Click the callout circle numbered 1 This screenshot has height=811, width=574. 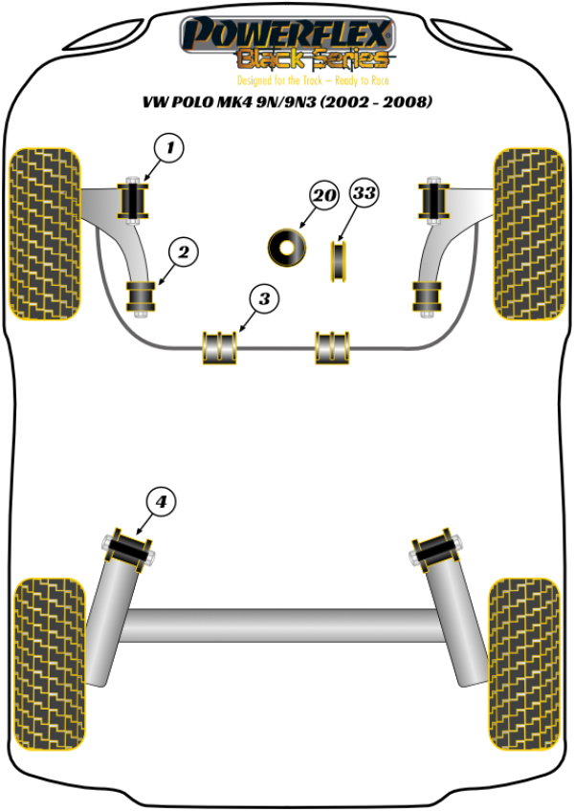[169, 148]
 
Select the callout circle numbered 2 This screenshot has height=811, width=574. [184, 252]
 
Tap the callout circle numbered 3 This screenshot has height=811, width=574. [264, 298]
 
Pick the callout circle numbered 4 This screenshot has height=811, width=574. [161, 501]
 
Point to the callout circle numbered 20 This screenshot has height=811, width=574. [324, 195]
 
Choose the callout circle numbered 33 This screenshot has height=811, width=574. [364, 193]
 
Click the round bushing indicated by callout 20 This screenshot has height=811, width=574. [287, 248]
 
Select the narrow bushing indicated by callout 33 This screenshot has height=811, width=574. [339, 261]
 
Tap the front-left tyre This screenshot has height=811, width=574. [46, 233]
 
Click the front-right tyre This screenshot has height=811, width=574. [529, 233]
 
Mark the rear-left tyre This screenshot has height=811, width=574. [50, 664]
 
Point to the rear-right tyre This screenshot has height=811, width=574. [525, 664]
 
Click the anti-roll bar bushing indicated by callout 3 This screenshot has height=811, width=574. [219, 347]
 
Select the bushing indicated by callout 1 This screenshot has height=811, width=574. [133, 201]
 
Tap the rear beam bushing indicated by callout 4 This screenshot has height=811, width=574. [128, 550]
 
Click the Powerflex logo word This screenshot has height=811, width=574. [287, 34]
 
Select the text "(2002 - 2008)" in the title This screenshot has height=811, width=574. [376, 101]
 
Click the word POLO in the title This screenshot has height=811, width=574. [192, 102]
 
